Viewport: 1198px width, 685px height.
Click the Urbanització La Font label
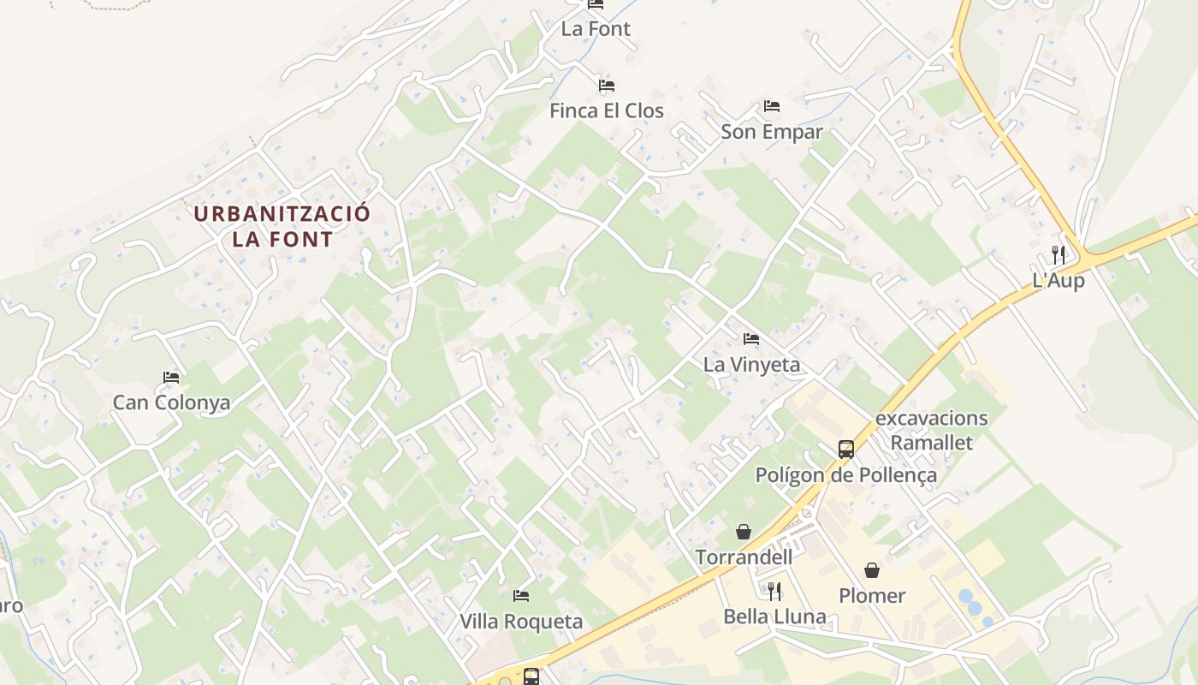click(x=282, y=225)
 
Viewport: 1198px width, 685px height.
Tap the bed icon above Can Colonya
click(x=171, y=377)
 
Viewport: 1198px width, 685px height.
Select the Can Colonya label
click(x=171, y=402)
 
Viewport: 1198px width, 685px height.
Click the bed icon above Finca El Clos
click(x=607, y=86)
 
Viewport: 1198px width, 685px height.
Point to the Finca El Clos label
click(x=607, y=110)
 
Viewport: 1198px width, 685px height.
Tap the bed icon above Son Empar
click(x=772, y=106)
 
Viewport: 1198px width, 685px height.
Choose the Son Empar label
click(x=772, y=132)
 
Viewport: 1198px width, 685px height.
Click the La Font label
click(x=596, y=28)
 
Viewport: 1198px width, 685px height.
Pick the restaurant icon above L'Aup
click(x=1059, y=254)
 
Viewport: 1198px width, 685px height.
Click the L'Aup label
click(x=1059, y=280)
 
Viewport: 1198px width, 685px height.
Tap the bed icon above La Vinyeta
click(x=751, y=339)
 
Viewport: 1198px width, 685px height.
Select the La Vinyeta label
click(x=751, y=365)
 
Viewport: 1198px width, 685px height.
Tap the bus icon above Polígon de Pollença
click(x=845, y=450)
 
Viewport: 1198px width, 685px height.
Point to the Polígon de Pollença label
click(x=845, y=475)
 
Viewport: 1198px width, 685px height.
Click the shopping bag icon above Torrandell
click(x=744, y=532)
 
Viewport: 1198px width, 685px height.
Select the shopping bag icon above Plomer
click(x=872, y=570)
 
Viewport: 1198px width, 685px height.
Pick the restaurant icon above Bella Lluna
click(x=774, y=591)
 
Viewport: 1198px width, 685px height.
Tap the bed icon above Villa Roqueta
click(x=521, y=596)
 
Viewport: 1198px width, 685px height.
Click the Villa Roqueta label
click(x=521, y=622)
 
